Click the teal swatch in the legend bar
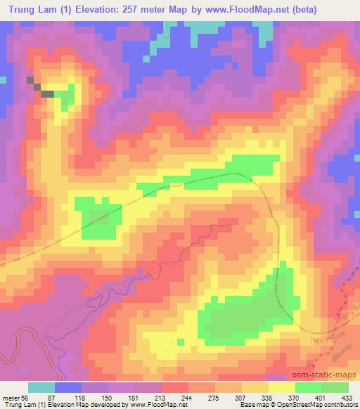pyautogui.click(x=41, y=387)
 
